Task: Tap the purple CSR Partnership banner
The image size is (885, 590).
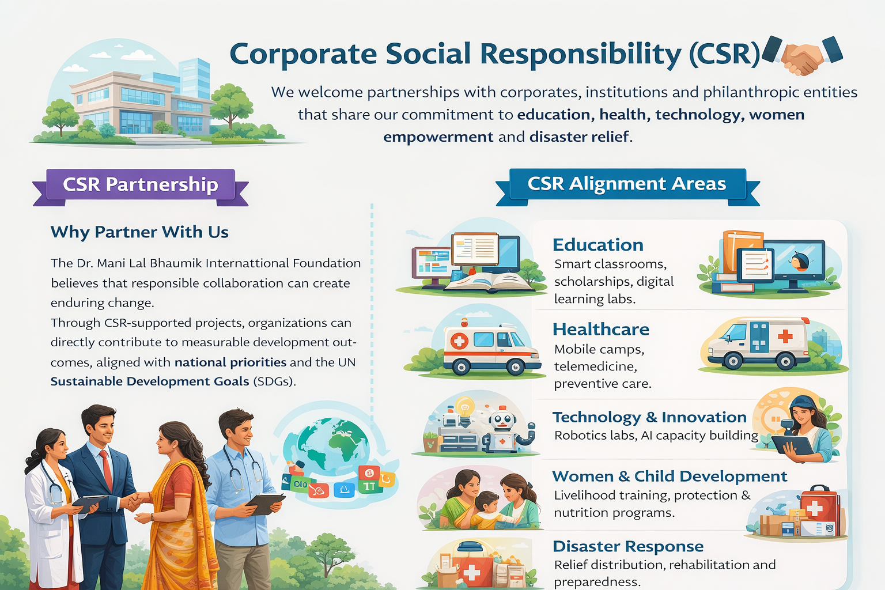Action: coord(141,185)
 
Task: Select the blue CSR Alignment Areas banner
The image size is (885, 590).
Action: coord(627,184)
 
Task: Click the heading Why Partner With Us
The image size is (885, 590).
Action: coord(139,232)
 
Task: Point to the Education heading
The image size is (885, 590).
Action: coord(598,245)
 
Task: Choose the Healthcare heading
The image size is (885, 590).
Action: coord(601,329)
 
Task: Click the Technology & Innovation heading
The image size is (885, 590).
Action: coord(649,417)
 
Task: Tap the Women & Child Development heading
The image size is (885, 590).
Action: coord(670,476)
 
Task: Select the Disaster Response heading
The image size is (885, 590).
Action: coord(628,546)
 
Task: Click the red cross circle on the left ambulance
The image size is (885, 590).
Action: coord(459,341)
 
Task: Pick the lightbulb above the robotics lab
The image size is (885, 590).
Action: coord(464,406)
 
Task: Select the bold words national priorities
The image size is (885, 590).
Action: coord(230,362)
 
